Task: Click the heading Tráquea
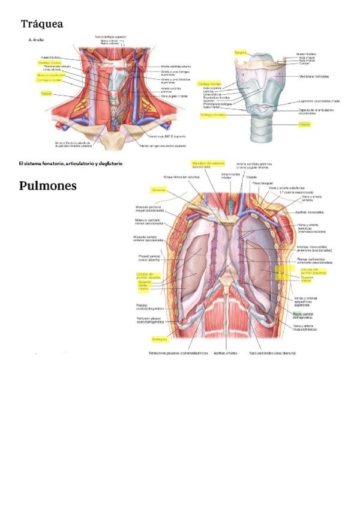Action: click(42, 24)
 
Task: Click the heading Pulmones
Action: click(48, 185)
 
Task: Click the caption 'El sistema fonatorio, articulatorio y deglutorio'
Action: click(71, 163)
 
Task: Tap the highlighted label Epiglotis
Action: click(241, 53)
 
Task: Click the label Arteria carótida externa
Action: click(177, 67)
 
